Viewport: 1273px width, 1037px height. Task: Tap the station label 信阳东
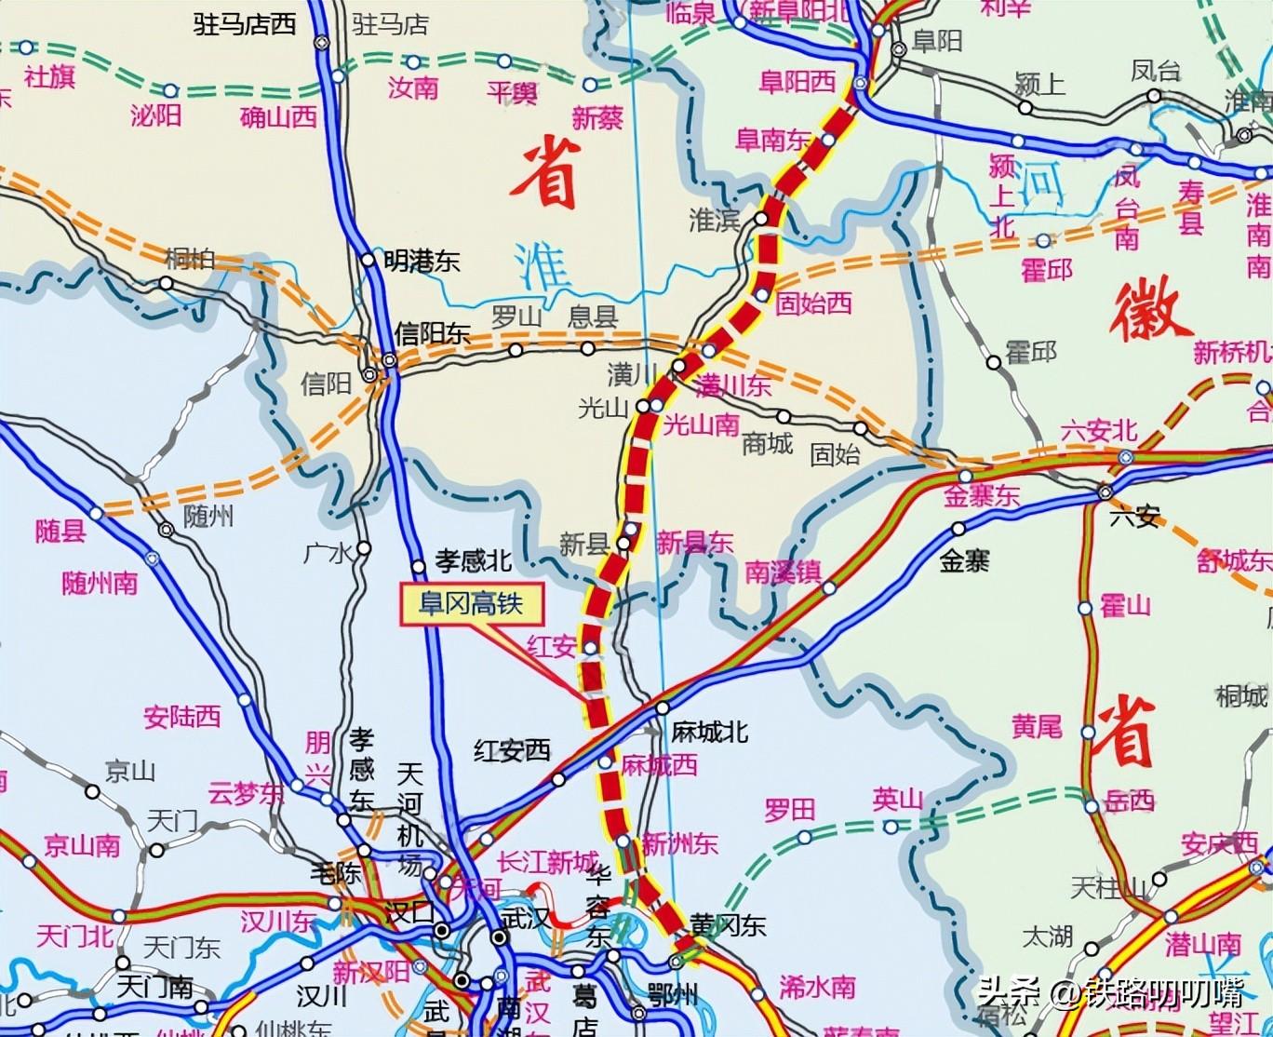tap(433, 333)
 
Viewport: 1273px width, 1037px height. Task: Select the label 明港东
tap(422, 262)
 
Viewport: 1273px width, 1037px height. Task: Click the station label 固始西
tap(813, 303)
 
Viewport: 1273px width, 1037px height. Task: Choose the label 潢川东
tap(734, 384)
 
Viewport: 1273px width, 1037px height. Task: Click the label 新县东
tap(694, 542)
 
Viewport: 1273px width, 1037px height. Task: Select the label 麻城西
tap(659, 764)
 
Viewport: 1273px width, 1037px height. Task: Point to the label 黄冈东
tap(728, 924)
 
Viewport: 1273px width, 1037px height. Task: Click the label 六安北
tap(1099, 430)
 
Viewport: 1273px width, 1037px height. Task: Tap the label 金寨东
tap(982, 494)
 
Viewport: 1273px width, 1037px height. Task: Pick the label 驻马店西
tap(244, 24)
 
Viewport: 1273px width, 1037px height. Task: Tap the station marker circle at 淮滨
tap(761, 219)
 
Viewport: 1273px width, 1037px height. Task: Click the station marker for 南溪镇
tap(829, 588)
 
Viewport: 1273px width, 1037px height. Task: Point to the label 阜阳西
tap(797, 82)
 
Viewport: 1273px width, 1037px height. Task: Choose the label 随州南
tap(100, 584)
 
